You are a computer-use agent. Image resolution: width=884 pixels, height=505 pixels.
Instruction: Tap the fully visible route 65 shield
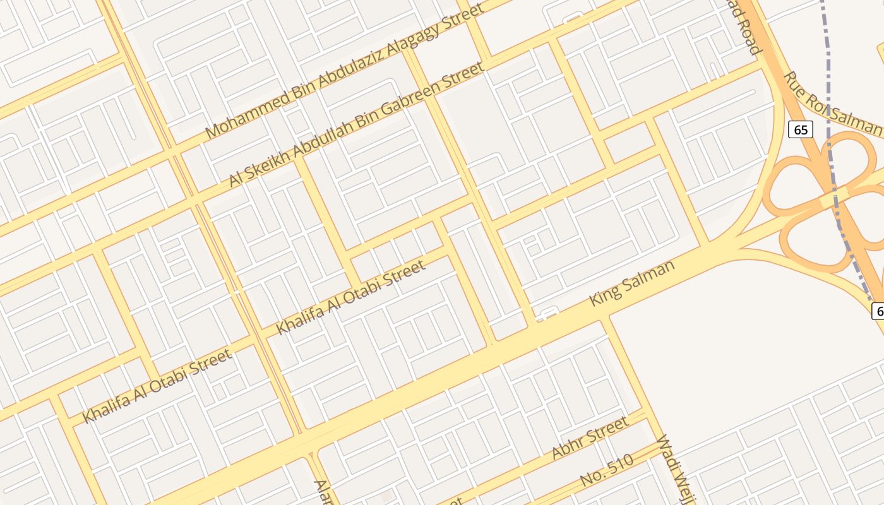click(x=800, y=130)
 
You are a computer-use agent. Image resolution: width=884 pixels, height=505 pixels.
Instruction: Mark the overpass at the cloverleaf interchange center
click(x=833, y=198)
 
